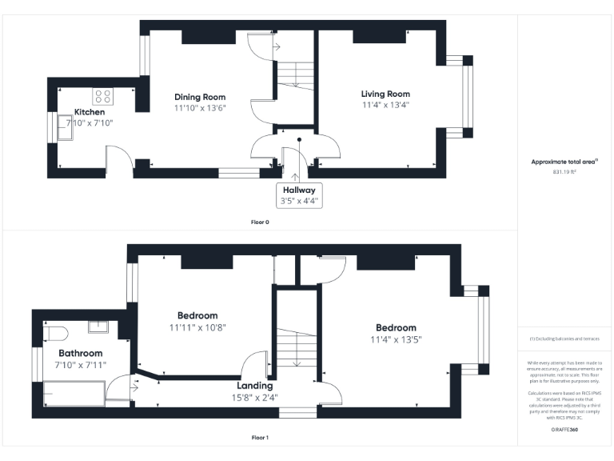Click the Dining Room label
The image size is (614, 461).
pyautogui.click(x=201, y=97)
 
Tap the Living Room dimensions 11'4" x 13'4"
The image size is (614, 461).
pyautogui.click(x=385, y=105)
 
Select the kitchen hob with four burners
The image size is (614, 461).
pyautogui.click(x=103, y=96)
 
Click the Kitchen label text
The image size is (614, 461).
pyautogui.click(x=90, y=112)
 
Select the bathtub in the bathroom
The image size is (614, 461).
pyautogui.click(x=74, y=394)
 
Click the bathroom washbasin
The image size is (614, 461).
pyautogui.click(x=99, y=327)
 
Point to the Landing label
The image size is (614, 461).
pyautogui.click(x=256, y=386)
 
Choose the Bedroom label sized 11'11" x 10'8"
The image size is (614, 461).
pyautogui.click(x=197, y=316)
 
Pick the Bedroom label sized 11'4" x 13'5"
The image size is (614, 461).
pyautogui.click(x=396, y=328)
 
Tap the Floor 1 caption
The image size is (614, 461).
pyautogui.click(x=260, y=438)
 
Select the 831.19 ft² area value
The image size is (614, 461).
pyautogui.click(x=564, y=171)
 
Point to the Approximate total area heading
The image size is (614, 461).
pyautogui.click(x=564, y=162)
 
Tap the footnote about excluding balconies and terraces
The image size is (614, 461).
pyautogui.click(x=564, y=339)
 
